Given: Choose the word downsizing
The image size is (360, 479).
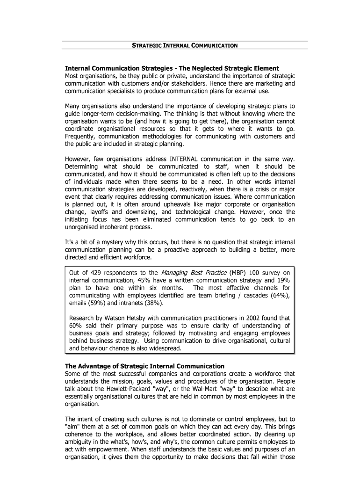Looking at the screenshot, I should (x=140, y=211).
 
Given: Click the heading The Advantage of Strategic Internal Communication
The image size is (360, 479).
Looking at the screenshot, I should (x=145, y=366).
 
